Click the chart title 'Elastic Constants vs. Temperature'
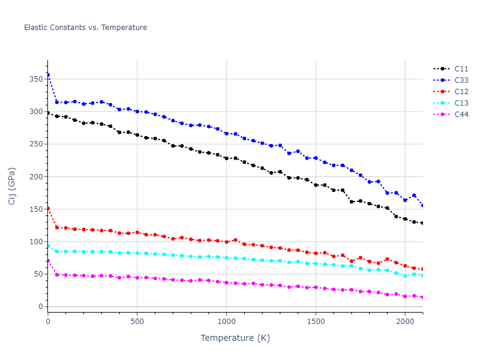[x=85, y=28]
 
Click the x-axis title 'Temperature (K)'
[x=235, y=338]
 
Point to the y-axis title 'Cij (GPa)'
[x=12, y=186]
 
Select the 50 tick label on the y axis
[x=38, y=274]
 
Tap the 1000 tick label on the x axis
[x=226, y=322]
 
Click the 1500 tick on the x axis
[x=316, y=322]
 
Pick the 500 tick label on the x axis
[x=137, y=322]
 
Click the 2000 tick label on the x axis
[x=405, y=322]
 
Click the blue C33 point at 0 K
[x=48, y=75]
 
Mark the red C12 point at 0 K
[x=48, y=208]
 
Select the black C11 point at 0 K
[x=48, y=113]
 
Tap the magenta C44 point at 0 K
[x=48, y=260]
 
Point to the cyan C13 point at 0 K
[x=48, y=246]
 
